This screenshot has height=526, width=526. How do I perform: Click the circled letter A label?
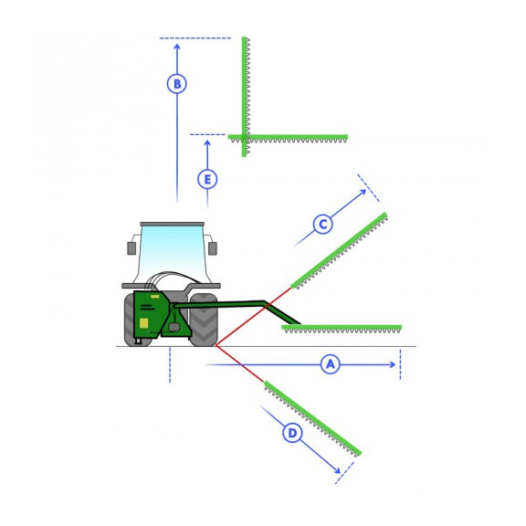click(x=331, y=364)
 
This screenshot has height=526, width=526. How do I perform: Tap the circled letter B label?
click(x=177, y=83)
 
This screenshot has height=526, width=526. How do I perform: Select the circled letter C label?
click(x=322, y=224)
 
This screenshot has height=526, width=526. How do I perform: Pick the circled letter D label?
click(x=292, y=433)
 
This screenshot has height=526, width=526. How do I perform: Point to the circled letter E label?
click(x=207, y=179)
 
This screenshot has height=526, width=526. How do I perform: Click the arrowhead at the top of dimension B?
click(x=177, y=47)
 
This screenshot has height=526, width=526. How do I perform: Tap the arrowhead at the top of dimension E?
click(x=207, y=143)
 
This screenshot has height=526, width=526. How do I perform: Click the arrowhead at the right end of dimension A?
click(x=392, y=364)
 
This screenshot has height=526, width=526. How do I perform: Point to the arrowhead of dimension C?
click(x=363, y=192)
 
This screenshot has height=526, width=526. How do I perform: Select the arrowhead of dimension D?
click(x=337, y=470)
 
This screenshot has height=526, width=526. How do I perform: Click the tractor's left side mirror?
click(x=131, y=248)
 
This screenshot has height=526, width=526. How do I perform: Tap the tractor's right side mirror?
click(x=213, y=248)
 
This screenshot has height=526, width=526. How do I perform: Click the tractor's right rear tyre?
click(x=204, y=320)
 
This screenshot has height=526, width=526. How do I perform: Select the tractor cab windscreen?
click(x=172, y=254)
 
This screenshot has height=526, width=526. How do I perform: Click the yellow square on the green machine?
click(x=144, y=322)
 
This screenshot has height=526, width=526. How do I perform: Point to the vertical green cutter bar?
click(x=245, y=97)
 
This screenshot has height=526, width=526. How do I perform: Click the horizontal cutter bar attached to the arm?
click(x=342, y=329)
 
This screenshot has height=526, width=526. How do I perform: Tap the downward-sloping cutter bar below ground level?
click(x=312, y=418)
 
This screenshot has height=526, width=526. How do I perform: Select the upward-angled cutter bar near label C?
click(x=339, y=250)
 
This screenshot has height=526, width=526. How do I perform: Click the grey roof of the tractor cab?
click(x=172, y=224)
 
